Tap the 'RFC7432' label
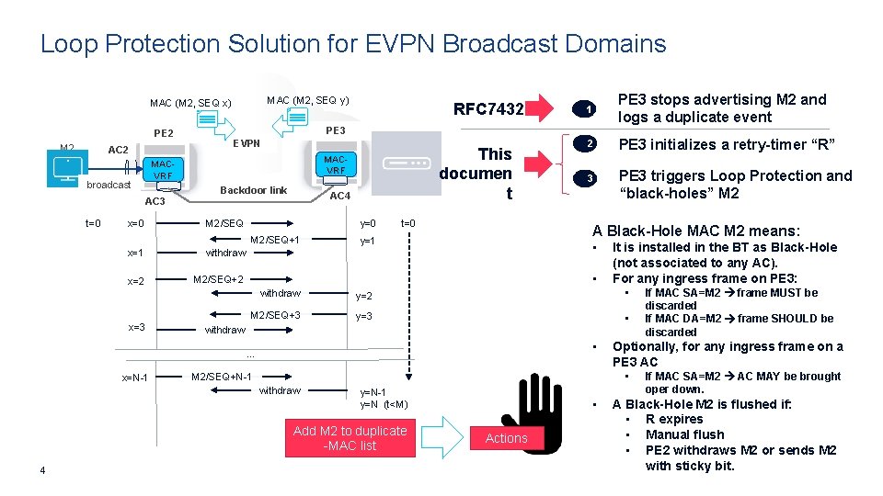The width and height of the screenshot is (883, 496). [x=488, y=109]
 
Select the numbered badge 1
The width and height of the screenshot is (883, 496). [x=587, y=109]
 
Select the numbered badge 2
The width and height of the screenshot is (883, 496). [x=587, y=144]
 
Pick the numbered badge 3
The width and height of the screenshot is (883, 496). [x=587, y=177]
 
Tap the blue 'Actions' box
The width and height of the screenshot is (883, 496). [x=507, y=438]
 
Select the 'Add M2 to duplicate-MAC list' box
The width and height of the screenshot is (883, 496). [x=350, y=438]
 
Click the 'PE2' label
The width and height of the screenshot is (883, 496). [x=164, y=133]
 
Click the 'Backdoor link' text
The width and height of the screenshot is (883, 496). [x=255, y=190]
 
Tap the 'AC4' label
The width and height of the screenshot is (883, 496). [x=340, y=196]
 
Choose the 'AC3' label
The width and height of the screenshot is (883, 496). [x=155, y=201]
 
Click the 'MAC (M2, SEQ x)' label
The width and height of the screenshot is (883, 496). [x=191, y=102]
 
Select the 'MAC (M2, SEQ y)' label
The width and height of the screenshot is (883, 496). [x=307, y=99]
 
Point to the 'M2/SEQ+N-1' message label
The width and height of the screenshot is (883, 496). [x=221, y=376]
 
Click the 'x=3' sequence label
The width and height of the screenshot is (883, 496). [x=136, y=327]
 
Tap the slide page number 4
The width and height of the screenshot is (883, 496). [x=43, y=472]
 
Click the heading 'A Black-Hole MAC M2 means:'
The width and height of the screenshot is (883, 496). [x=695, y=231]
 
